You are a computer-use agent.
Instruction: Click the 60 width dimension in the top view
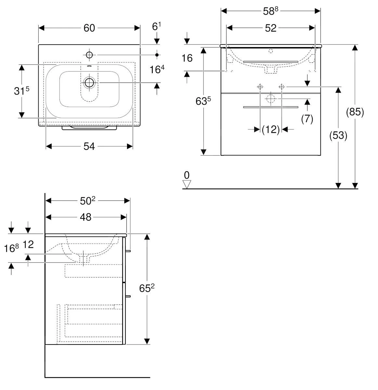coord(89,28)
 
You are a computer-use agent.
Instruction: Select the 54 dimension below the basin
coord(89,147)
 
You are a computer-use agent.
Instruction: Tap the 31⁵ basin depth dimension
coord(21,91)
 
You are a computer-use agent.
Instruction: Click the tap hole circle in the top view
coord(89,55)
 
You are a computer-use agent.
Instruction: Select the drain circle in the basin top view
coord(89,83)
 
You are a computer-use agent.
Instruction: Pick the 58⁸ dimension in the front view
coord(270,11)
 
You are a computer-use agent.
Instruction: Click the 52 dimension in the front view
coord(270,28)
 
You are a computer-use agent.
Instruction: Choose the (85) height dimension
coord(355,112)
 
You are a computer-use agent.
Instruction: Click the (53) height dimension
coord(338,135)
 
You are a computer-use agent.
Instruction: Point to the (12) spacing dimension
coord(271,130)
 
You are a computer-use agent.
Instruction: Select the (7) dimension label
coord(307,119)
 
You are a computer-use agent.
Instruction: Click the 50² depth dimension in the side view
coord(87,201)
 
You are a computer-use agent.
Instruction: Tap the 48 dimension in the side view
coord(85,217)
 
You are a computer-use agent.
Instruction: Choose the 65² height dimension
coord(147,288)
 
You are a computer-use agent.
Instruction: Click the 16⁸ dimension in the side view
coord(12,249)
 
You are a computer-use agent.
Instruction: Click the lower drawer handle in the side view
coord(128,296)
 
